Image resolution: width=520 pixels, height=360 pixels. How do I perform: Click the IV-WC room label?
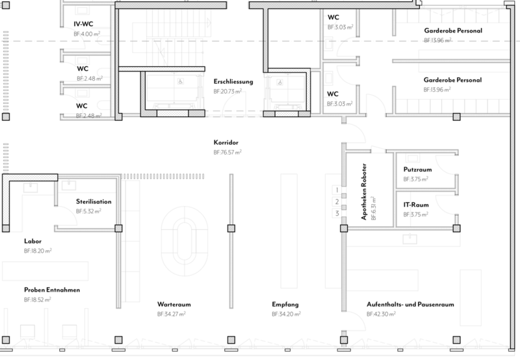(x=83, y=24)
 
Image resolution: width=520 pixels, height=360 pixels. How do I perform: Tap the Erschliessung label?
(x=233, y=81)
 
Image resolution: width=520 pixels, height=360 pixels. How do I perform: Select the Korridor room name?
(x=226, y=142)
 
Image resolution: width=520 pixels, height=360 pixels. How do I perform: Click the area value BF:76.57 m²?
(x=227, y=153)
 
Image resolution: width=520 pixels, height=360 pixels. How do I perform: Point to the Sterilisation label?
(x=94, y=201)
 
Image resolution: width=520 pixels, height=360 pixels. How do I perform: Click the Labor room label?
(x=32, y=241)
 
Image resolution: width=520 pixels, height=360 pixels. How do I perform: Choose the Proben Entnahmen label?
(x=52, y=290)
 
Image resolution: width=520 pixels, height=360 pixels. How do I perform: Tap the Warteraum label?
(x=174, y=304)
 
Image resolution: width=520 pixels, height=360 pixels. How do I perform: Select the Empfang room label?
(x=285, y=305)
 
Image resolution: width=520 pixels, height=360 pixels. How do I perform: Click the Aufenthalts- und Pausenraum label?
(x=410, y=304)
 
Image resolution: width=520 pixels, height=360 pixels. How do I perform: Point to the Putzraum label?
(x=417, y=170)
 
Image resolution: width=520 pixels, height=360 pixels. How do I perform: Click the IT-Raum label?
(x=416, y=205)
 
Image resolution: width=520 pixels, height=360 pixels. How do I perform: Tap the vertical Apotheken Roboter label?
(x=364, y=192)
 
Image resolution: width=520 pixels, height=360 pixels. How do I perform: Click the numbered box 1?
(x=337, y=190)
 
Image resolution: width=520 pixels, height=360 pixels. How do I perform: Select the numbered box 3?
(x=337, y=213)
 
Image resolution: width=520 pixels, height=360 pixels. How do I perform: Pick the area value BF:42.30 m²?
(x=381, y=314)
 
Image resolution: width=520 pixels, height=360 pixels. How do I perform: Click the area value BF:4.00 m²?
(x=87, y=34)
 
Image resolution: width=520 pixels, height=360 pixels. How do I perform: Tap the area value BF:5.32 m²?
(x=88, y=211)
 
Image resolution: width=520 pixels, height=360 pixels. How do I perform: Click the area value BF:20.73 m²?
(x=227, y=92)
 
